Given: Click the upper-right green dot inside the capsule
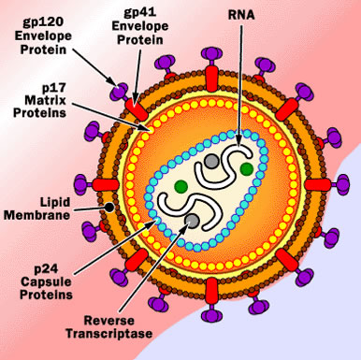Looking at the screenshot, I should (x=245, y=169).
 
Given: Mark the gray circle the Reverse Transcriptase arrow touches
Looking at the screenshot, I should (x=192, y=221).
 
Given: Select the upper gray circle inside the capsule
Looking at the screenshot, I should (x=214, y=161).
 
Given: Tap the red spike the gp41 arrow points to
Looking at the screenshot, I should (x=139, y=98).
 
